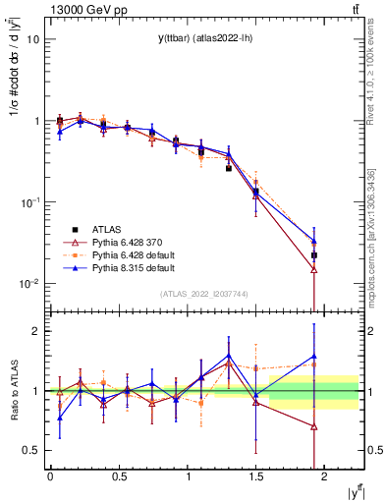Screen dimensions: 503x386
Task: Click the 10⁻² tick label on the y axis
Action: (29, 284)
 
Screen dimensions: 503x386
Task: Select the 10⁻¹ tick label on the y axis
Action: (29, 202)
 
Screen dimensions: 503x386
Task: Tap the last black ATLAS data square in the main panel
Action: (314, 255)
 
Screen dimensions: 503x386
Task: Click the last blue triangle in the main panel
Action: (314, 241)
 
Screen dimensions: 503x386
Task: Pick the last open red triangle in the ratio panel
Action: (314, 426)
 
